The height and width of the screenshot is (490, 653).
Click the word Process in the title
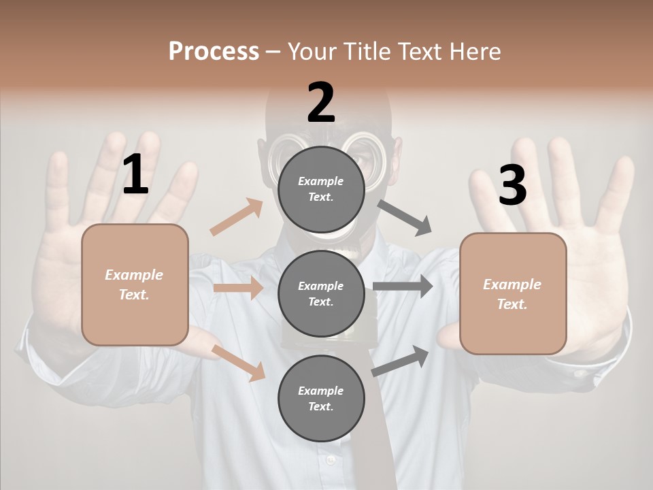214,51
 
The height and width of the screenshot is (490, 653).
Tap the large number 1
135,175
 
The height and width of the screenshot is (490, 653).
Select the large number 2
321,102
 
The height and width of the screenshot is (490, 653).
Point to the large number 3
512,185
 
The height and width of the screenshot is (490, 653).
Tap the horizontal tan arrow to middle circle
237,288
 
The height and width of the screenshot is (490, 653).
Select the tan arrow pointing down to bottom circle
239,363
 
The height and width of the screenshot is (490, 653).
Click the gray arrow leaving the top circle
404,218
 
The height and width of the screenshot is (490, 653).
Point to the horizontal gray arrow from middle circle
402,287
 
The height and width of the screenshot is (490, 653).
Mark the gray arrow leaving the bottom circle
400,361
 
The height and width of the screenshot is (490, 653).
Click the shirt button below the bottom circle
331,460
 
